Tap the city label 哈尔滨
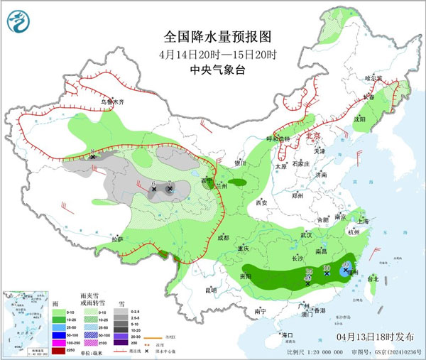pyautogui.click(x=373, y=77)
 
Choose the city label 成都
pyautogui.click(x=224, y=237)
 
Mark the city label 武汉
pyautogui.click(x=307, y=234)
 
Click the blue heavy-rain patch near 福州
pyautogui.click(x=346, y=270)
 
